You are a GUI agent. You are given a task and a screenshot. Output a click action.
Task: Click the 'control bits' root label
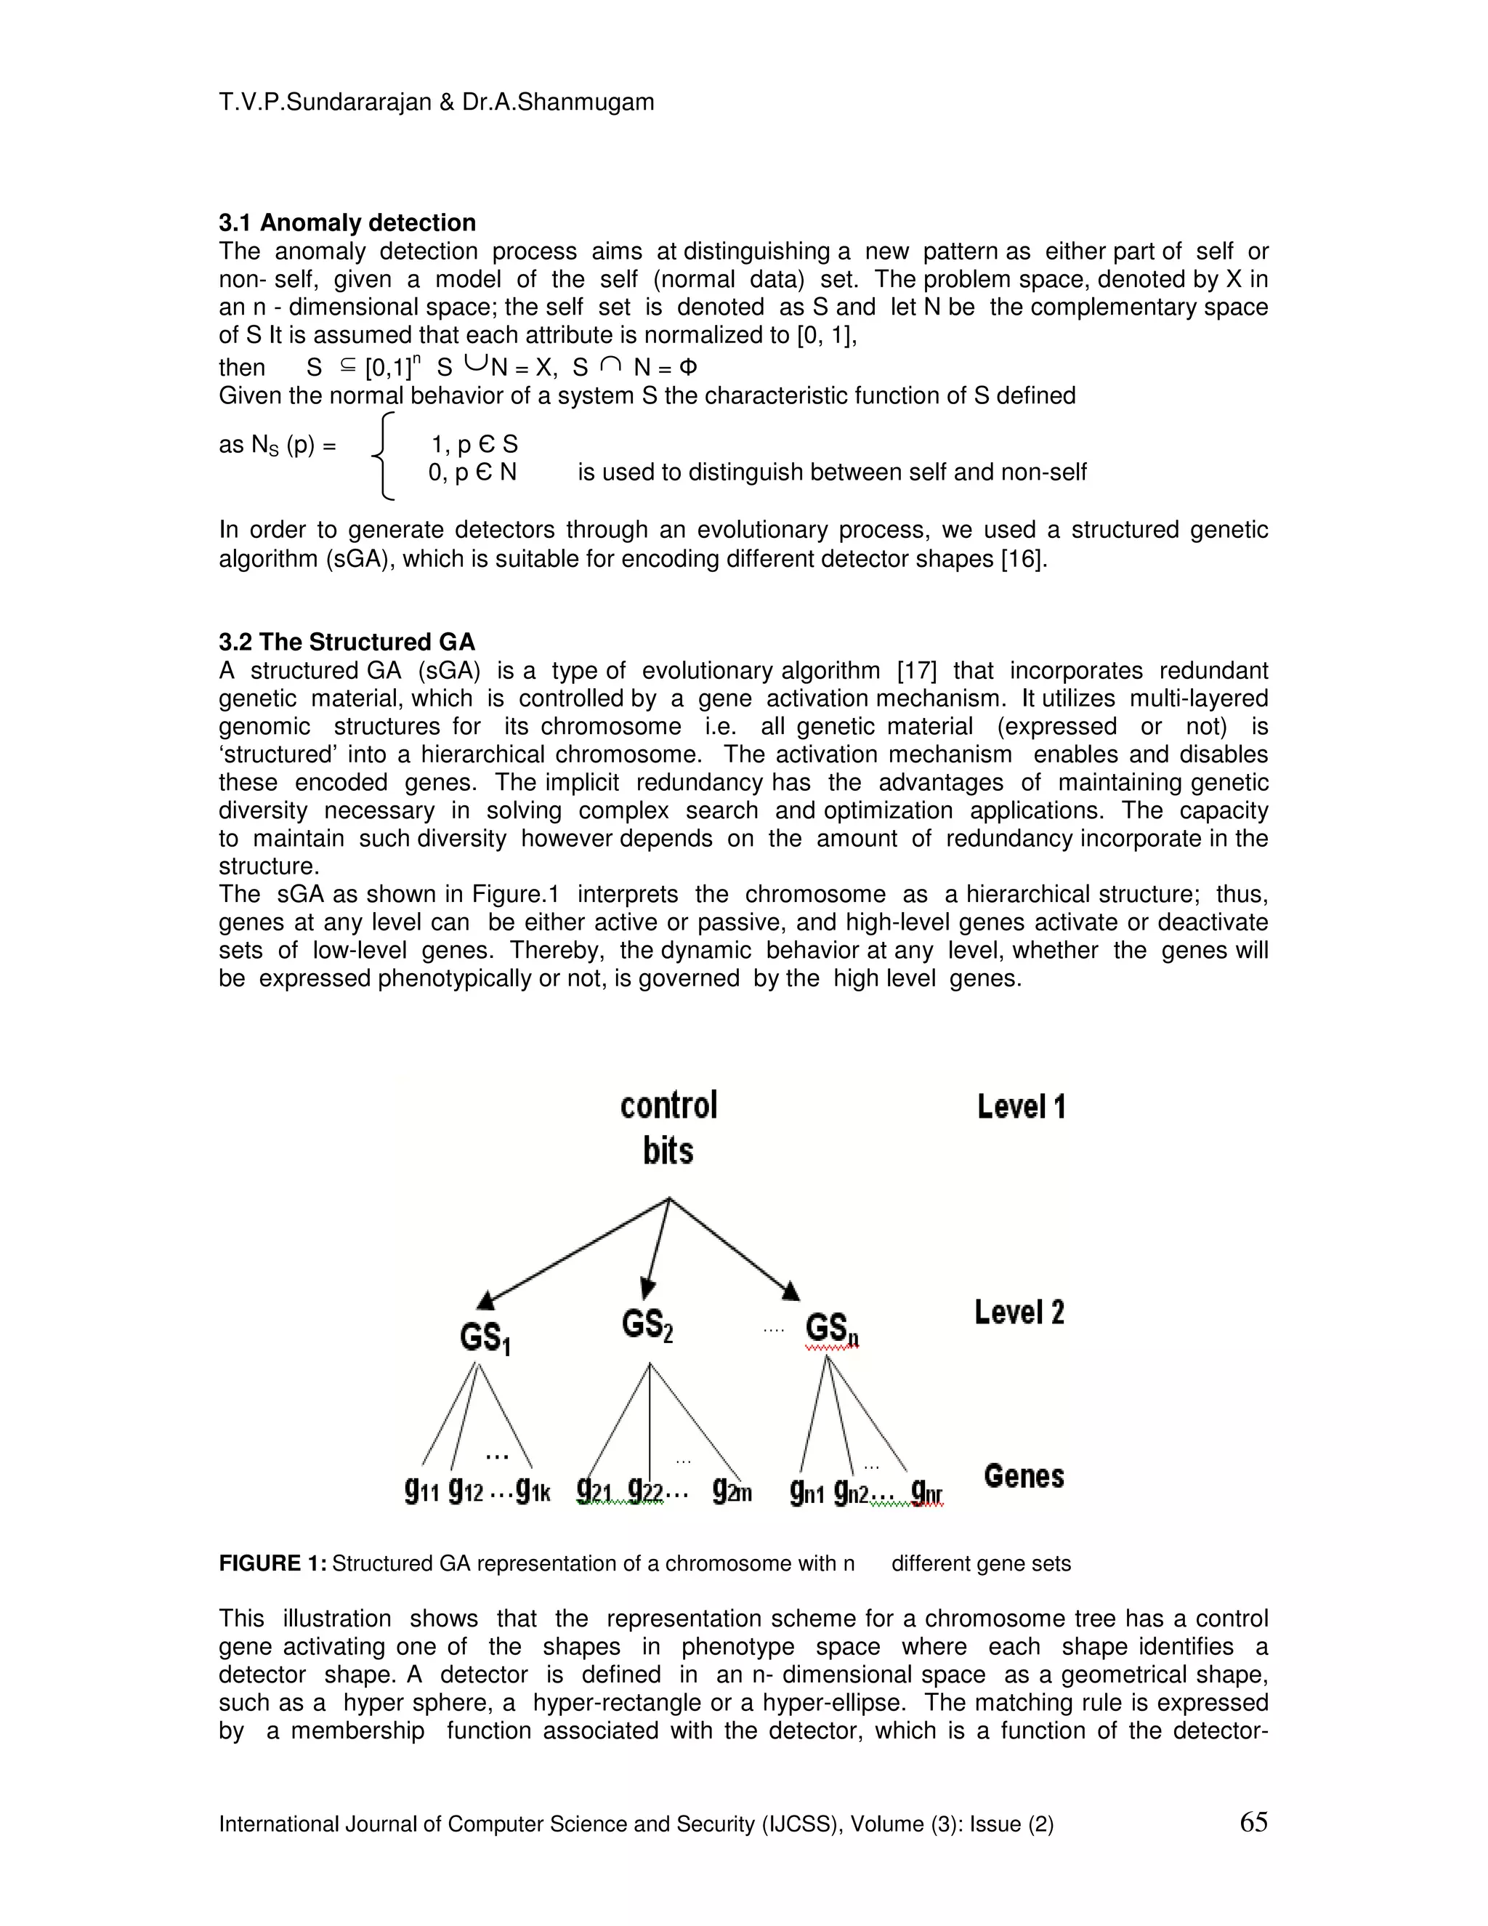668,1128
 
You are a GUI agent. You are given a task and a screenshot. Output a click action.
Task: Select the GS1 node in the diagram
485,1338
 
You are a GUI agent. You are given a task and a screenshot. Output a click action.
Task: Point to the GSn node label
831,1330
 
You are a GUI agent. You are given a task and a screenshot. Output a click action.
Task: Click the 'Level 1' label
1021,1107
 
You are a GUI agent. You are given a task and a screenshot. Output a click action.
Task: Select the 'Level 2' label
1019,1312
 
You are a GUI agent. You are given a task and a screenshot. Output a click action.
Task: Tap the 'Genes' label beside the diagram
1024,1476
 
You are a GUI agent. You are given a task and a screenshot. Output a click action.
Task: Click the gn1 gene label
806,1491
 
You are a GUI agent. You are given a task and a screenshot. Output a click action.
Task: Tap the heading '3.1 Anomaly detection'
347,222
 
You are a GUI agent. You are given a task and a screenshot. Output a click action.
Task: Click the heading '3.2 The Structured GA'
347,642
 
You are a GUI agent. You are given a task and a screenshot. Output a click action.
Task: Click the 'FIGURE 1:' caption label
272,1563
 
